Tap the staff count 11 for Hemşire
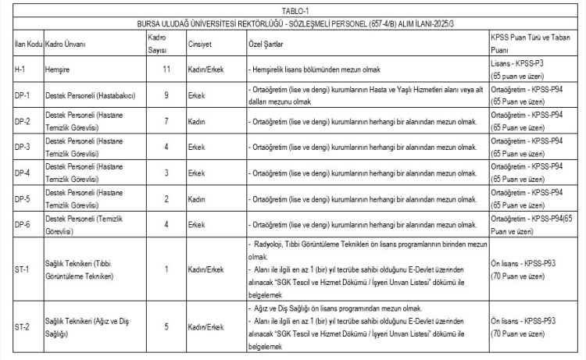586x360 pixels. [165, 70]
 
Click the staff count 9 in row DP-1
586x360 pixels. [165, 96]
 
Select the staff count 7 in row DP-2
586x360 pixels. [165, 122]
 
